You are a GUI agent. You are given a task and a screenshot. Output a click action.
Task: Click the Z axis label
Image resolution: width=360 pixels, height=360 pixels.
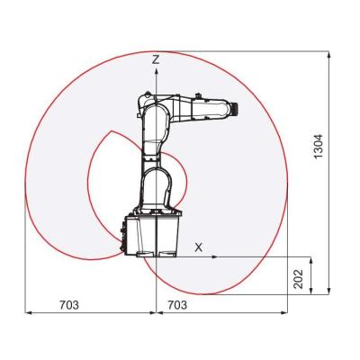click(157, 58)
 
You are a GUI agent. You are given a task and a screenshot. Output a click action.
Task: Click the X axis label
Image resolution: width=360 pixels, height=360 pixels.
click(199, 246)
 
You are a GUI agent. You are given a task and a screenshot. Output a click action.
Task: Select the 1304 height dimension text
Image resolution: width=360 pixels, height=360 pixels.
click(318, 146)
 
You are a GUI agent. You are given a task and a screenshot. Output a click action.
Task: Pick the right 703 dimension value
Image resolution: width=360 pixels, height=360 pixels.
click(176, 305)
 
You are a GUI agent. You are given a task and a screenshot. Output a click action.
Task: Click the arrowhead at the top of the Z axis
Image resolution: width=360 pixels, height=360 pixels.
click(157, 69)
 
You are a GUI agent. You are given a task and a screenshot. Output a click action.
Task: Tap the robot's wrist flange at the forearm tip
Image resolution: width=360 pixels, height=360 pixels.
click(233, 109)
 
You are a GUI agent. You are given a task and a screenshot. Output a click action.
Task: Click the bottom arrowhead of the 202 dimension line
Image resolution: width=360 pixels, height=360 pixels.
click(310, 292)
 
